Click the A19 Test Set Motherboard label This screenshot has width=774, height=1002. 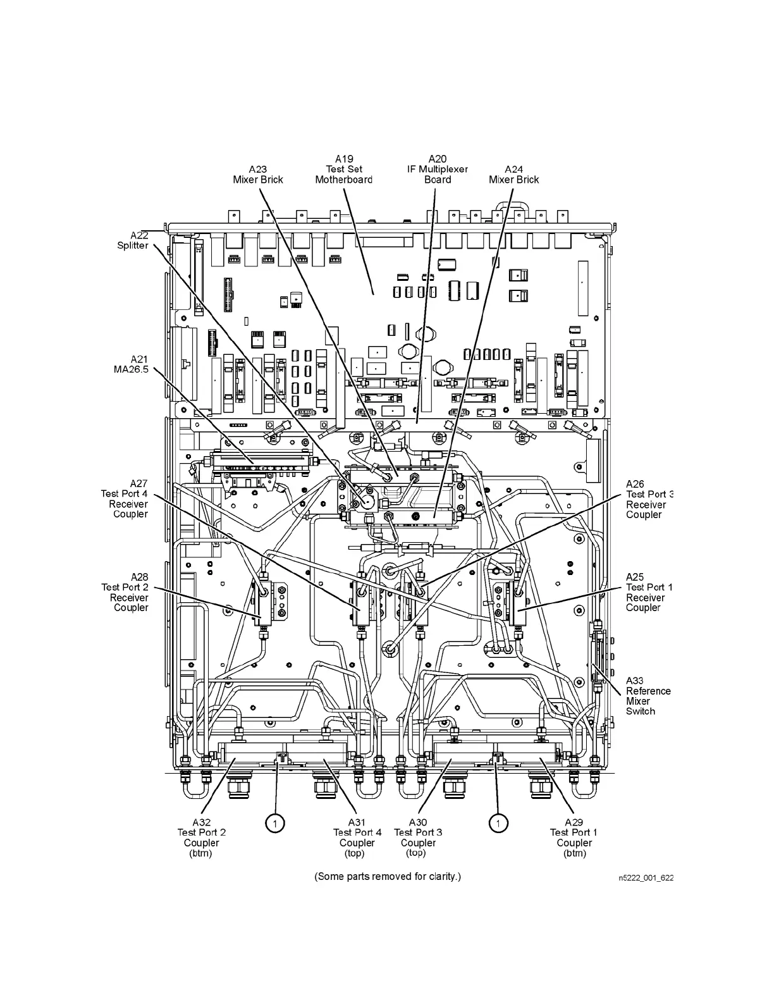click(343, 170)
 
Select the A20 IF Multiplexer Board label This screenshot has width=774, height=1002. click(438, 170)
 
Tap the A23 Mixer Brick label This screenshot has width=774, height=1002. click(258, 175)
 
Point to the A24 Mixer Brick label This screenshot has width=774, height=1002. click(513, 175)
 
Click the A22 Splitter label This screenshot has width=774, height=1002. click(133, 240)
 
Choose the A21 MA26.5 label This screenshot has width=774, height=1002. click(131, 364)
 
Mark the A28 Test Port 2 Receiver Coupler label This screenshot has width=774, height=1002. click(125, 593)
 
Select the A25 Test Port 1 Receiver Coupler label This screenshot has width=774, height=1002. click(648, 593)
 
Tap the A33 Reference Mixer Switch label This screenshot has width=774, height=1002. click(648, 696)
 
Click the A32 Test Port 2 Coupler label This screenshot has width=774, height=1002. click(201, 838)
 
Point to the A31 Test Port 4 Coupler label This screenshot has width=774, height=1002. click(357, 838)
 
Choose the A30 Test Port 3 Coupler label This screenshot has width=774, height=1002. click(418, 838)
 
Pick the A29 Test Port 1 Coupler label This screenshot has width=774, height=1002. click(574, 838)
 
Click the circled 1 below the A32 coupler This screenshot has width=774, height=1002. click(274, 823)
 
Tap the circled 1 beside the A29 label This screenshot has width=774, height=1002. click(499, 823)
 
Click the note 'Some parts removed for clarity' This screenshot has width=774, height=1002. click(388, 877)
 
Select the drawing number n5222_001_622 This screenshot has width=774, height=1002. click(646, 878)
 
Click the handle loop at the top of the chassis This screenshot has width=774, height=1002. click(510, 208)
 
